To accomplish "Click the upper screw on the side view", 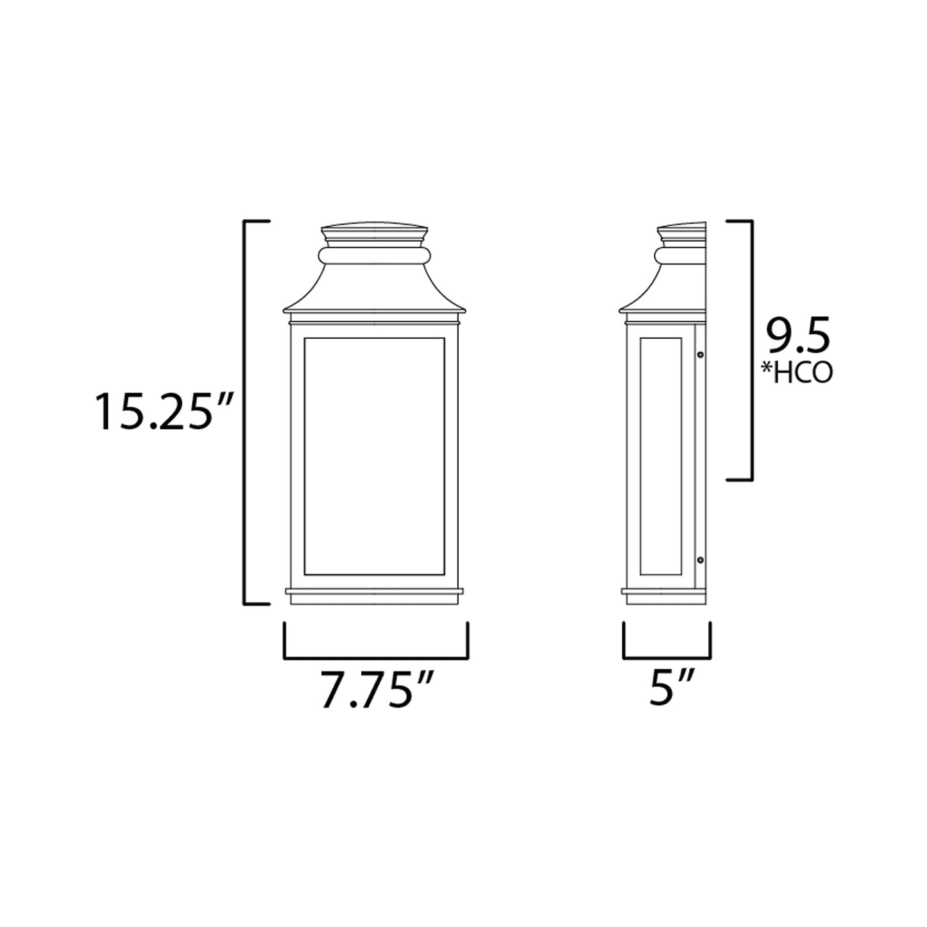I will click(x=701, y=354).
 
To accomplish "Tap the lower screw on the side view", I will click(x=701, y=560).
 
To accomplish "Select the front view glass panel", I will click(x=374, y=455).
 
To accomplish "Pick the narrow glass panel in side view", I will click(x=660, y=455).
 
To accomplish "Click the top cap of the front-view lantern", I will click(x=374, y=232).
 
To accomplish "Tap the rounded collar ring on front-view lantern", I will click(x=374, y=256).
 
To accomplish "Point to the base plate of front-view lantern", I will click(x=374, y=596).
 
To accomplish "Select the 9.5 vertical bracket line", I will click(x=751, y=350).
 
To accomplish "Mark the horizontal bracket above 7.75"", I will click(x=376, y=658).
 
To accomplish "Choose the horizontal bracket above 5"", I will click(x=667, y=658).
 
